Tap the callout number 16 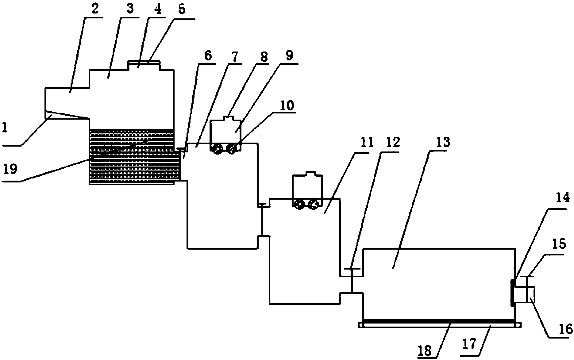(565, 329)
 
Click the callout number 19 (10, 170)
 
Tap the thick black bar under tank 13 (439, 321)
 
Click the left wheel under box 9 (217, 150)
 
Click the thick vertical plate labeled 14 (512, 293)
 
